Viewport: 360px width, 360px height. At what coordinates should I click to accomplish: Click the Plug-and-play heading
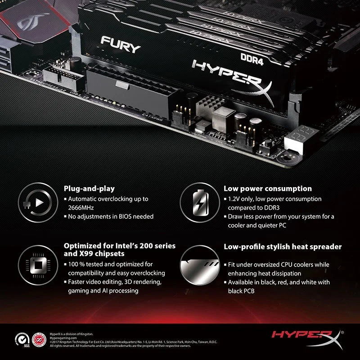89,189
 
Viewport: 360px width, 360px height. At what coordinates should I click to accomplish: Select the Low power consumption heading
268,189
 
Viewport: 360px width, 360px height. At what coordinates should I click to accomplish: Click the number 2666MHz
81,207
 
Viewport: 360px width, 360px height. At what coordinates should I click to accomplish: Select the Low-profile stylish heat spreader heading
283,247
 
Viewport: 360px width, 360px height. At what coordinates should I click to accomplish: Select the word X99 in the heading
72,254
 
